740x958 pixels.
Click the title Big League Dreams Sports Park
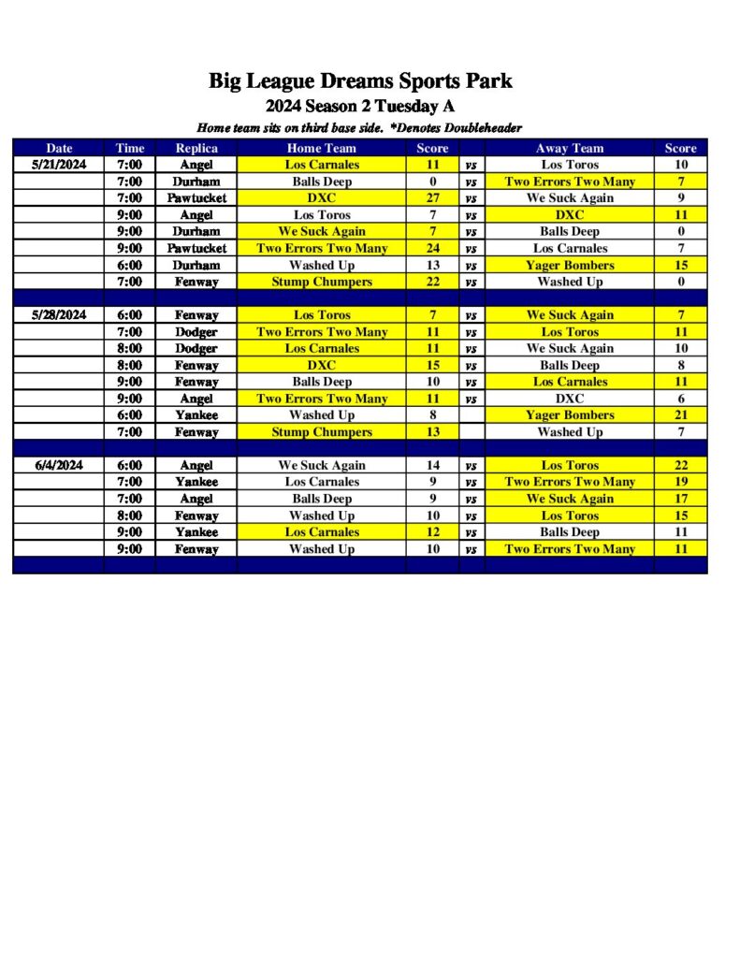[360, 81]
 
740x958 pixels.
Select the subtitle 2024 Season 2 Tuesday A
[360, 106]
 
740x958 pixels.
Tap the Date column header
[59, 148]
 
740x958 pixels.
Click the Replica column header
[196, 148]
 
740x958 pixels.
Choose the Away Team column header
[570, 148]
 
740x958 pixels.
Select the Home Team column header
[321, 148]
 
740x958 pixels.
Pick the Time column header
[130, 148]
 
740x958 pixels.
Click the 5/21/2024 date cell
[59, 165]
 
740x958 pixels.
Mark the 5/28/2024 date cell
[59, 315]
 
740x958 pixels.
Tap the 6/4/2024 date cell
[59, 465]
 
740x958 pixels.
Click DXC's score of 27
[432, 198]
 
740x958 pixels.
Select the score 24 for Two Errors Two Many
[432, 248]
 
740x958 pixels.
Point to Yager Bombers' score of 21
[681, 415]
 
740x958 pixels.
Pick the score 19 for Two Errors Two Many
[681, 482]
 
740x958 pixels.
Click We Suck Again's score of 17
[681, 499]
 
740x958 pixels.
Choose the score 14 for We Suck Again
[432, 465]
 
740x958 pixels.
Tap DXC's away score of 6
[681, 399]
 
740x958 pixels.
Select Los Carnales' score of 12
[432, 532]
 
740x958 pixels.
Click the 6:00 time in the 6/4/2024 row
[130, 465]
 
